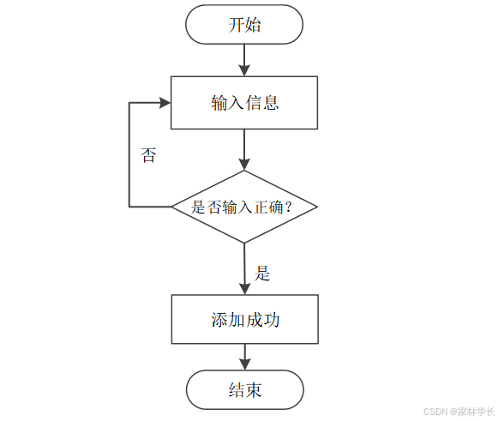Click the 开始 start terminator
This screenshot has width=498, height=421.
[244, 25]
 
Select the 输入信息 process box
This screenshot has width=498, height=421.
[244, 103]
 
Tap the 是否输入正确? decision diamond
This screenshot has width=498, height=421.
[244, 207]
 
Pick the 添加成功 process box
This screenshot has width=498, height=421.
[244, 320]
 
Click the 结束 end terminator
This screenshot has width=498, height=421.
[244, 390]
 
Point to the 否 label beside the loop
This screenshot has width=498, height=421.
[148, 156]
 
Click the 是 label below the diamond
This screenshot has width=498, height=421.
[262, 274]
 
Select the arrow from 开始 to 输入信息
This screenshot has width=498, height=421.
[244, 58]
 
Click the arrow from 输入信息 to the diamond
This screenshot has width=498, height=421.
[244, 149]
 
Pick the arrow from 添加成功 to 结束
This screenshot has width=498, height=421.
[244, 357]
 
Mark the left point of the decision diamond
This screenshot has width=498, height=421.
[173, 207]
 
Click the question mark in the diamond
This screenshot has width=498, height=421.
[288, 207]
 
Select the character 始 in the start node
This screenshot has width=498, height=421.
[254, 25]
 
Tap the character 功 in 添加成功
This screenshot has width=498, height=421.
[272, 320]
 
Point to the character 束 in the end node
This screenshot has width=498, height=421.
[254, 390]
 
